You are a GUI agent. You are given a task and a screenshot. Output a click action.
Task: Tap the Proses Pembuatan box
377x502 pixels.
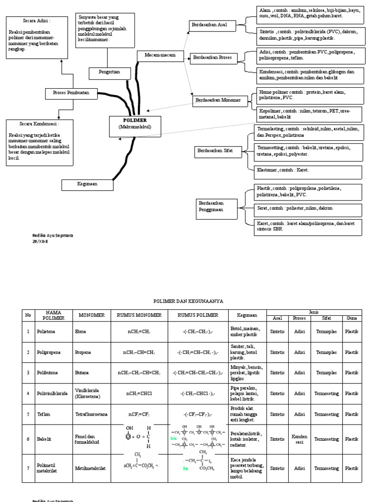pos(72,92)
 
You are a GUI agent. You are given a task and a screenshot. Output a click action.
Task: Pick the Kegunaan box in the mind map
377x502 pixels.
pos(87,184)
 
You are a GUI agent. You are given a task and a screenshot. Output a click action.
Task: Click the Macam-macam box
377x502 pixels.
pos(161,55)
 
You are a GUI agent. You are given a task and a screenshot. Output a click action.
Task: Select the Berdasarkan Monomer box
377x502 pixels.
pos(218,100)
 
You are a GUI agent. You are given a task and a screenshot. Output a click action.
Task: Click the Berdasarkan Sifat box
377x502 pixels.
pos(215,151)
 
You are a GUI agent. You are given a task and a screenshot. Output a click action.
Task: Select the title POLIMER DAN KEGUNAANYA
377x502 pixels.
pos(188,301)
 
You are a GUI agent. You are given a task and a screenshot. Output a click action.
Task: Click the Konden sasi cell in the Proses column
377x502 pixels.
pos(299,439)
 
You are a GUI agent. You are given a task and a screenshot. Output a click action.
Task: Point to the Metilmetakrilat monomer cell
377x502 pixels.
pos(92,469)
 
